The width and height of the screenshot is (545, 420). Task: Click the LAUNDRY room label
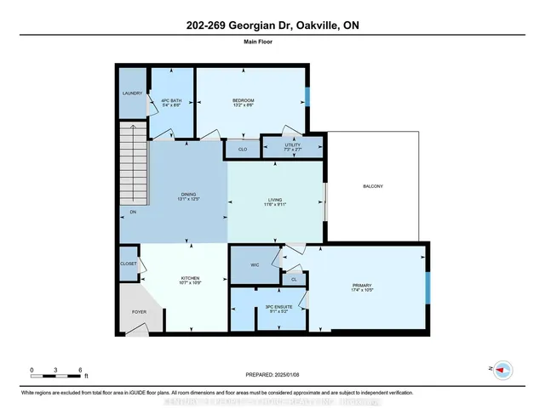tap(131, 94)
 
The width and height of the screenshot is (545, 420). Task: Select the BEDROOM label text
tap(244, 101)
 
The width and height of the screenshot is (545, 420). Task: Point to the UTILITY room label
tap(293, 145)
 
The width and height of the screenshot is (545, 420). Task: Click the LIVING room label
tap(275, 201)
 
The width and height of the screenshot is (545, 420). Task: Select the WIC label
tap(255, 265)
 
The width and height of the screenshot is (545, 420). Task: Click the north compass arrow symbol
tap(504, 369)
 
